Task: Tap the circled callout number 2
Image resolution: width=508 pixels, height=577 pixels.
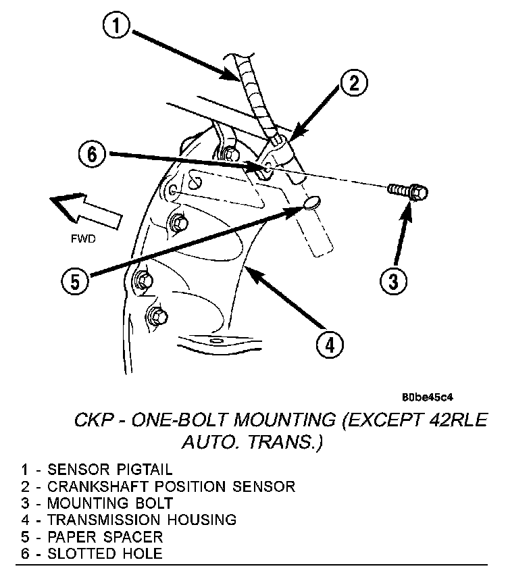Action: click(x=353, y=84)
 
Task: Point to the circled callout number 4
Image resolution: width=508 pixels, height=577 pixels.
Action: click(x=328, y=344)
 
